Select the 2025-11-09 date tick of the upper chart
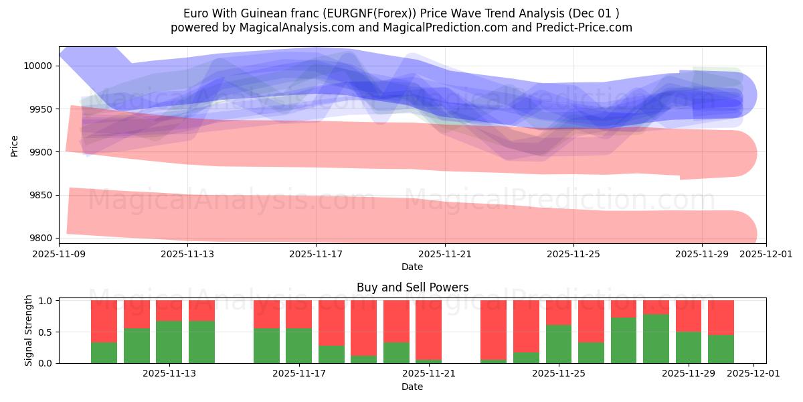59,255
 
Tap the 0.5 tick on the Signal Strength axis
46,332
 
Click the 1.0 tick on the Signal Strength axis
46,301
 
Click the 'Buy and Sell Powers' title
412,287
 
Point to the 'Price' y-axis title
15,145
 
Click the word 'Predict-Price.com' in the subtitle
588,27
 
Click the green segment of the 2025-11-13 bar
169,342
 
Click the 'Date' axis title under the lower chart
412,387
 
